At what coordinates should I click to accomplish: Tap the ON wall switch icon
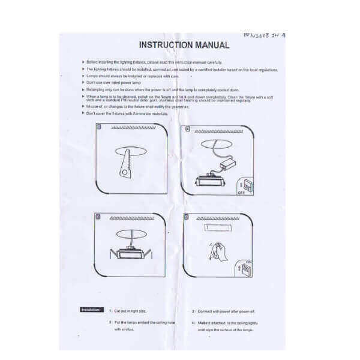[247, 269]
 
